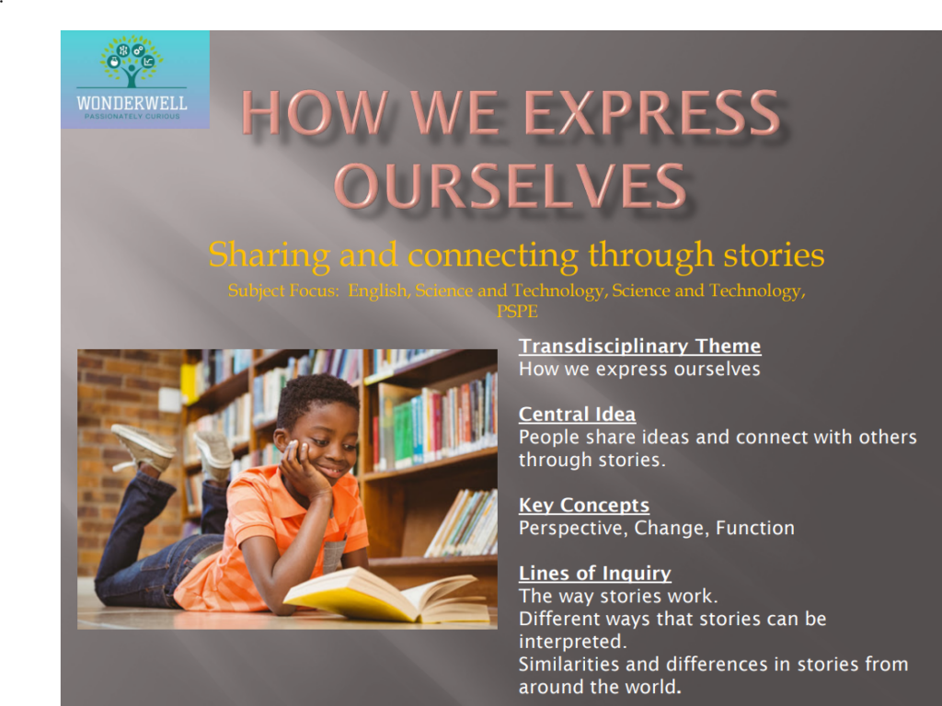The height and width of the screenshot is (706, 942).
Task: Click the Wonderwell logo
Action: pos(134,79)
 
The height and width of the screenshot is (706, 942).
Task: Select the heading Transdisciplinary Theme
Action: pos(639,347)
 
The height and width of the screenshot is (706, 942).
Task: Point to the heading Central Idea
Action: pos(577,415)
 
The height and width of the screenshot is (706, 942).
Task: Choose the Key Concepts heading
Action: pos(583,506)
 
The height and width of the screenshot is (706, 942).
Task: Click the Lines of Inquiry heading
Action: pos(594,574)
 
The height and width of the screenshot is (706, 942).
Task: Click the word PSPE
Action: pos(516,312)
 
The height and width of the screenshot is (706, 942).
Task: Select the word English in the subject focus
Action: pos(377,291)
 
